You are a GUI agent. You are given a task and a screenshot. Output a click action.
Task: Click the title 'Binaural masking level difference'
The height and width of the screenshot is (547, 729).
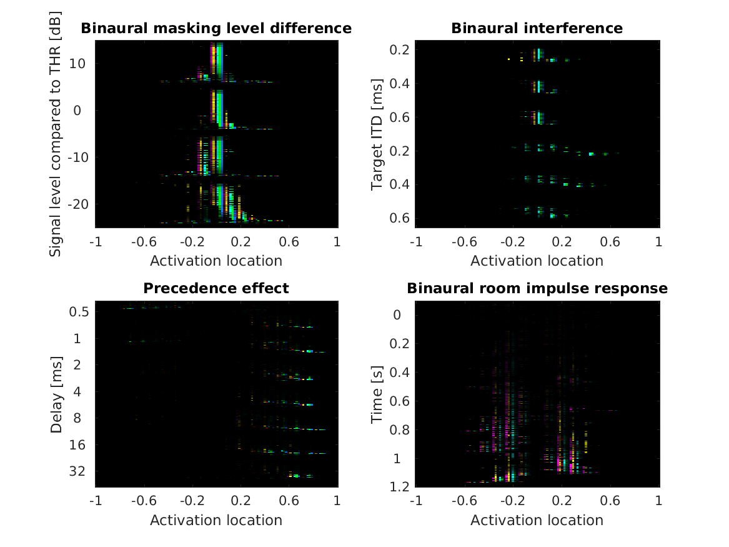[216, 29]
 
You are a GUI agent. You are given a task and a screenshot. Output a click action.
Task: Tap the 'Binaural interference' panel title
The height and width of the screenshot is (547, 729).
[537, 29]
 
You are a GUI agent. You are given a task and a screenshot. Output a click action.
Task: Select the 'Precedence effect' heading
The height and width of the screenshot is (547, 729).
[216, 288]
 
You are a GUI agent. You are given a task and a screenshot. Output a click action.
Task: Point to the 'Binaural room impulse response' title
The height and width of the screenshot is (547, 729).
[537, 288]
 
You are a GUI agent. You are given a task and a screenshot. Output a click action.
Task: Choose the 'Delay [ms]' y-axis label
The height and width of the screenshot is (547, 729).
[56, 394]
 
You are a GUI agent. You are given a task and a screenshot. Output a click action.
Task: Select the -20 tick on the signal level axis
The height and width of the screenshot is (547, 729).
[74, 204]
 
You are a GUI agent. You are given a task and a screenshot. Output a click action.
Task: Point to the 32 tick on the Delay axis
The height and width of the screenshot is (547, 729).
[80, 471]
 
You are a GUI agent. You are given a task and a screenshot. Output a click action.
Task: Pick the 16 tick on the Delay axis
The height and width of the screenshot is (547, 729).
[80, 444]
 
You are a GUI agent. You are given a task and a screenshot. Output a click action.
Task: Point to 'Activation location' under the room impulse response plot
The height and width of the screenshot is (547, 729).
[537, 520]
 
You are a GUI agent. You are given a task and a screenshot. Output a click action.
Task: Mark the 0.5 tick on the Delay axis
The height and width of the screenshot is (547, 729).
[80, 312]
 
